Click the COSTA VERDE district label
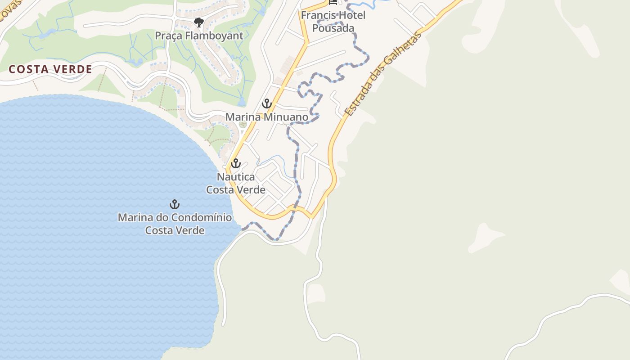[50, 69]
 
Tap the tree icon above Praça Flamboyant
[198, 22]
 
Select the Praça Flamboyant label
[199, 36]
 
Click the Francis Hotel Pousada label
[333, 22]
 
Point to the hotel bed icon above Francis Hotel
[333, 2]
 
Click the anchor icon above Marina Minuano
[267, 104]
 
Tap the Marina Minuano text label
[267, 117]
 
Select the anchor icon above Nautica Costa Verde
[236, 164]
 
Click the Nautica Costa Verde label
[236, 183]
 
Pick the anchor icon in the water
[175, 205]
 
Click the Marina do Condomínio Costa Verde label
[175, 224]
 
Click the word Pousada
[333, 28]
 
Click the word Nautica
[236, 176]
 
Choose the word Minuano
[286, 117]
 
